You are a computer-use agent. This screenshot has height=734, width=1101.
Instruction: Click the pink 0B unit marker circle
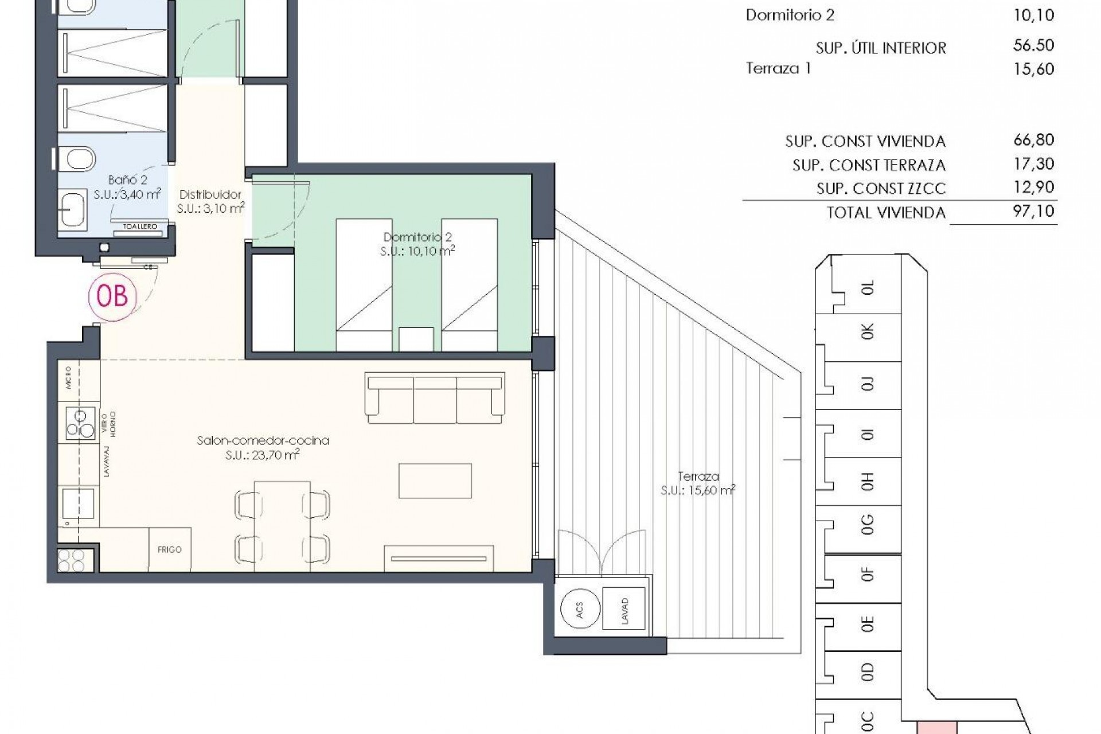(112, 296)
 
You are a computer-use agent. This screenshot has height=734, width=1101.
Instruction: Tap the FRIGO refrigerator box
(170, 549)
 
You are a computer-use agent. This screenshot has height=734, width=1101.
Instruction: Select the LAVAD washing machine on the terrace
(624, 611)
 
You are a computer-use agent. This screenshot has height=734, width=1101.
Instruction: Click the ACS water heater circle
(580, 610)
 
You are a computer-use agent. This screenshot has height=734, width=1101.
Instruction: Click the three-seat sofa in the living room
(435, 397)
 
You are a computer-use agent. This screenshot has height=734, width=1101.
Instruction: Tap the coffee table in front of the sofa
(435, 481)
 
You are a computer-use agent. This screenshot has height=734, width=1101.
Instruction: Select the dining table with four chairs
(282, 526)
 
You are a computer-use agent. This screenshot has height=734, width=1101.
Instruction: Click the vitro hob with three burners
(80, 423)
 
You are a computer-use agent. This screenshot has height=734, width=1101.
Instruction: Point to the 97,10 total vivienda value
(1033, 211)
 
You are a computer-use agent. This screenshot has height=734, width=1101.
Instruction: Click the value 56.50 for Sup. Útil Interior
(1033, 45)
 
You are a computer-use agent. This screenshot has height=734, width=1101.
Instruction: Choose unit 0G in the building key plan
(867, 524)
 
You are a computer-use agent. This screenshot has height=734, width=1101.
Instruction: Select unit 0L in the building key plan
(867, 287)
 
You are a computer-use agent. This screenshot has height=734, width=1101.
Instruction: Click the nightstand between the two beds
(416, 338)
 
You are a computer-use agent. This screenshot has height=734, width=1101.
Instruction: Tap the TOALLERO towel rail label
(140, 227)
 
